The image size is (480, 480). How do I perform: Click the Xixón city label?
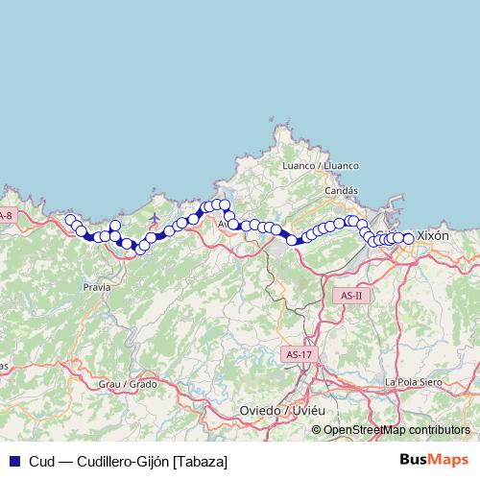pyautogui.click(x=433, y=235)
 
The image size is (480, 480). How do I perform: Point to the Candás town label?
pyautogui.click(x=341, y=191)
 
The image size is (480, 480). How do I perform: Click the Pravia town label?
pyautogui.click(x=96, y=286)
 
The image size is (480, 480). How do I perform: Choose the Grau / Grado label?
pyautogui.click(x=128, y=384)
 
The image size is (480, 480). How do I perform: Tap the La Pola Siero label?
pyautogui.click(x=412, y=381)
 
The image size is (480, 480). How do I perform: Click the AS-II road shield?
pyautogui.click(x=351, y=296)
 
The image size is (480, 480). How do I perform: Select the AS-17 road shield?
pyautogui.click(x=300, y=354)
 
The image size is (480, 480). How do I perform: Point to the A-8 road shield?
pyautogui.click(x=6, y=216)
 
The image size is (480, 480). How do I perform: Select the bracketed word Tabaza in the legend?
pyautogui.click(x=201, y=460)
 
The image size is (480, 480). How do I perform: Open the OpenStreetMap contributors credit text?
pyautogui.click(x=396, y=429)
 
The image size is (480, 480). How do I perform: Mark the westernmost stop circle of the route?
pyautogui.click(x=70, y=221)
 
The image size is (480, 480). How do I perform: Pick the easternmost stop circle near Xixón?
pyautogui.click(x=408, y=238)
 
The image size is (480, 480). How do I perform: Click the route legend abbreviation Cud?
pyautogui.click(x=40, y=460)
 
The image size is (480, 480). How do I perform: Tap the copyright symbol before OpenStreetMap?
pyautogui.click(x=317, y=429)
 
